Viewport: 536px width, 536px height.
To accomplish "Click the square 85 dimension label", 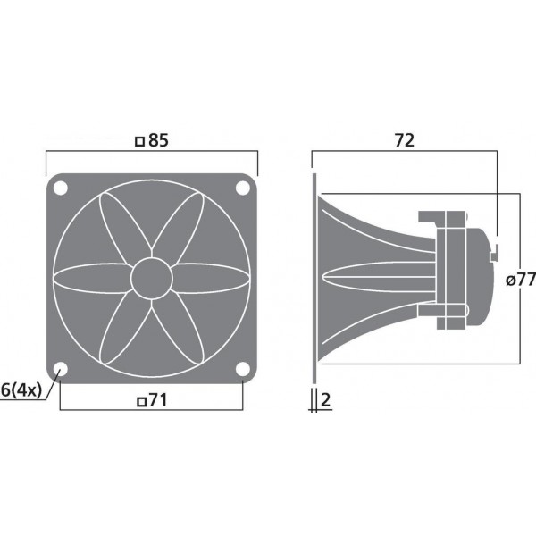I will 152,141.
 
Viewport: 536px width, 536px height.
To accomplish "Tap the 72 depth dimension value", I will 405,141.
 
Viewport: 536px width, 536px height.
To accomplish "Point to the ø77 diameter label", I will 518,280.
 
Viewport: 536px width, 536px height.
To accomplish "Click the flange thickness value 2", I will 326,399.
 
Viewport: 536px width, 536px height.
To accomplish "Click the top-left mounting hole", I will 60,188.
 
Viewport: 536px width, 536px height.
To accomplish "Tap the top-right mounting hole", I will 242,188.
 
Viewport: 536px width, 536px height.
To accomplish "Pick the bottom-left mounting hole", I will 60,370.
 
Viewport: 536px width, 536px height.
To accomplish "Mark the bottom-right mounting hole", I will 242,370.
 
